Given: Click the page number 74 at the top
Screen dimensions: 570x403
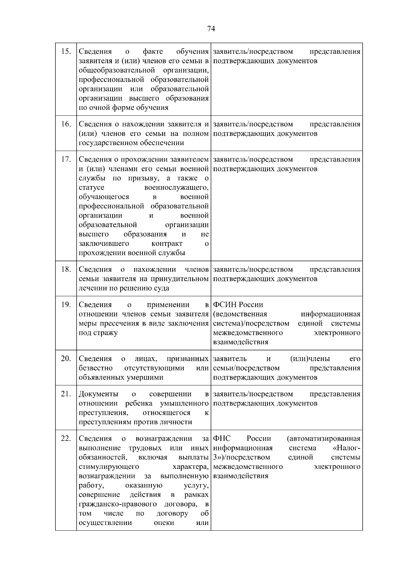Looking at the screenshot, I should (211, 29).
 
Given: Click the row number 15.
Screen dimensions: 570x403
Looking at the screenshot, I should (66, 51).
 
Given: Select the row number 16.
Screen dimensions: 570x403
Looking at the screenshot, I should (66, 124).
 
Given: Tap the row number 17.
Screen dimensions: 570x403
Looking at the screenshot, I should (66, 159).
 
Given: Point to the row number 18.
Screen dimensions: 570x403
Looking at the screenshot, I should (66, 269).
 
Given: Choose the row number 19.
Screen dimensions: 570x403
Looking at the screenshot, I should (66, 305).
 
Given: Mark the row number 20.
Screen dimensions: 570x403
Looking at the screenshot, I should (66, 359).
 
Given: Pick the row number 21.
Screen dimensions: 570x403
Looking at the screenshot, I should (66, 394).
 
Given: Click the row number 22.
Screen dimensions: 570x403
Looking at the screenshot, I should (66, 439).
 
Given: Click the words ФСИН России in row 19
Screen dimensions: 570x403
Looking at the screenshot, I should (238, 305).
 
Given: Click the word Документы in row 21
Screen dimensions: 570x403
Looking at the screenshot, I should (98, 394).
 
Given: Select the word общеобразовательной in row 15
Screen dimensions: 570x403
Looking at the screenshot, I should (117, 70).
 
